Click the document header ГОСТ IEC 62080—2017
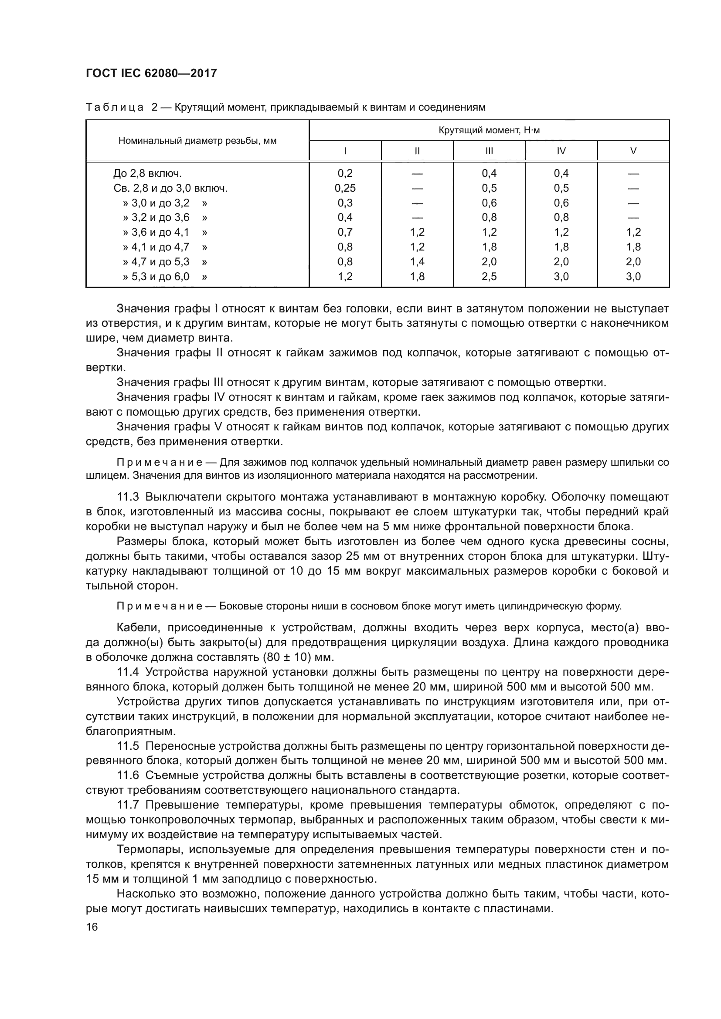pos(151,74)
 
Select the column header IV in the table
pos(561,151)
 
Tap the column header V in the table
pos(633,151)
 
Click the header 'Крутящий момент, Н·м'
pos(489,131)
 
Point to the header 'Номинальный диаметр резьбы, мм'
pos(197,141)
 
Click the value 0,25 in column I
pos(345,188)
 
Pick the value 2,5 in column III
pos(489,277)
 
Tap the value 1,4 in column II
pos(417,262)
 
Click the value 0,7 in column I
pos(345,232)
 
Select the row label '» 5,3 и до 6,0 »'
pos(165,277)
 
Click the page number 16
pos(92,927)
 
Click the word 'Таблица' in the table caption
pos(115,108)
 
